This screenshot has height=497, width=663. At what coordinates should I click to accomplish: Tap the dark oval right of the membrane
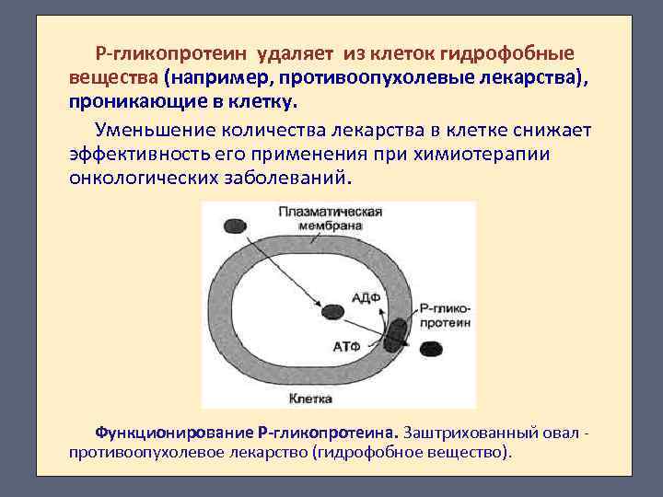pos(430,349)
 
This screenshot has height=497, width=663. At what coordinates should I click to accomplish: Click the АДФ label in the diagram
pos(364,297)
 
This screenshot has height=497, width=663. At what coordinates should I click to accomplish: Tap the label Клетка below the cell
pos(310,399)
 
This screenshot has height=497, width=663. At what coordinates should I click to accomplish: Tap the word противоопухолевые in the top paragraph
pos(372,75)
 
